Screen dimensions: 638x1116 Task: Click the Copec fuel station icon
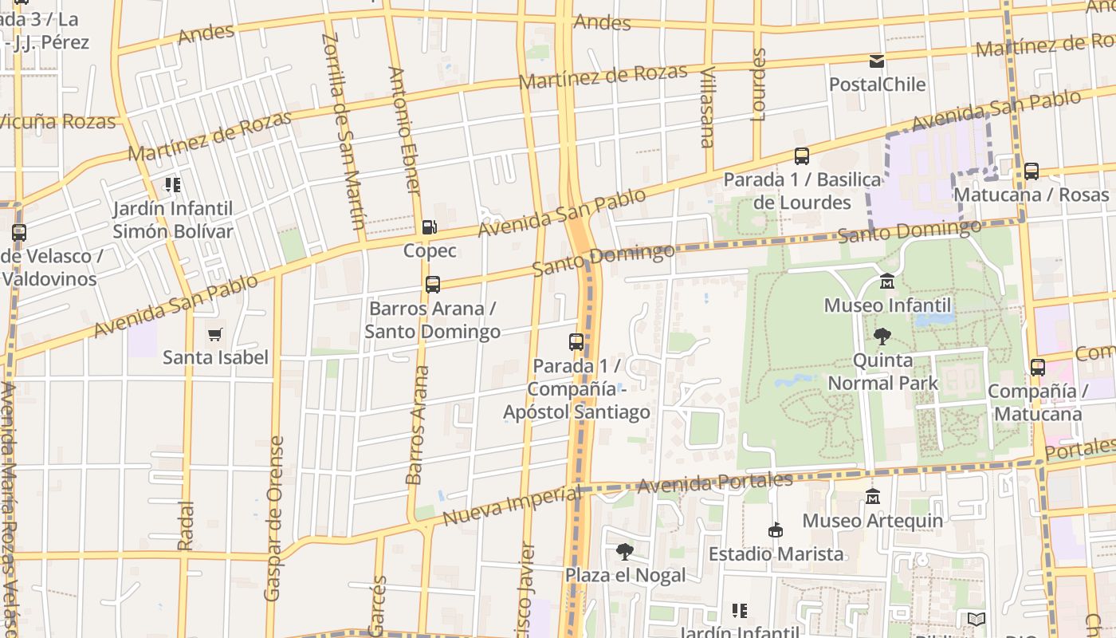tap(430, 227)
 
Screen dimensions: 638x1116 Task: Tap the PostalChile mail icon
tap(877, 61)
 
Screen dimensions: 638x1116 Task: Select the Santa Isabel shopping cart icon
tap(214, 334)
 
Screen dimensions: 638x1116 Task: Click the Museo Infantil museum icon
tap(886, 282)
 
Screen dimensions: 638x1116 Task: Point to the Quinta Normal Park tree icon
tap(882, 337)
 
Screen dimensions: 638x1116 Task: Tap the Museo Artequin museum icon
tap(872, 496)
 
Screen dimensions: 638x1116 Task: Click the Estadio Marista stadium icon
tap(775, 530)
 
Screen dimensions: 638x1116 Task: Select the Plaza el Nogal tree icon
tap(625, 551)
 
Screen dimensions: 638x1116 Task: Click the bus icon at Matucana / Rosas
tap(1031, 171)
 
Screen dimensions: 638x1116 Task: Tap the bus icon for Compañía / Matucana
tap(1037, 368)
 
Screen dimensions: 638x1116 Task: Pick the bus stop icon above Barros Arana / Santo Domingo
tap(432, 285)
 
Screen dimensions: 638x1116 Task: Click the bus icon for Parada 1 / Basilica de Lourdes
tap(802, 156)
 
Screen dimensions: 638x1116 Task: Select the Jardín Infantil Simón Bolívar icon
tap(172, 185)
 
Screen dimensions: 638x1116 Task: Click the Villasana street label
tap(706, 108)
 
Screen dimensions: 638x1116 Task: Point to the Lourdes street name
tap(758, 85)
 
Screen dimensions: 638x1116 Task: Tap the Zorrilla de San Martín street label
tap(344, 132)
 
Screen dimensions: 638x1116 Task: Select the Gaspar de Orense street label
tap(273, 518)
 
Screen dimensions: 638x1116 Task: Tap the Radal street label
tap(185, 525)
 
